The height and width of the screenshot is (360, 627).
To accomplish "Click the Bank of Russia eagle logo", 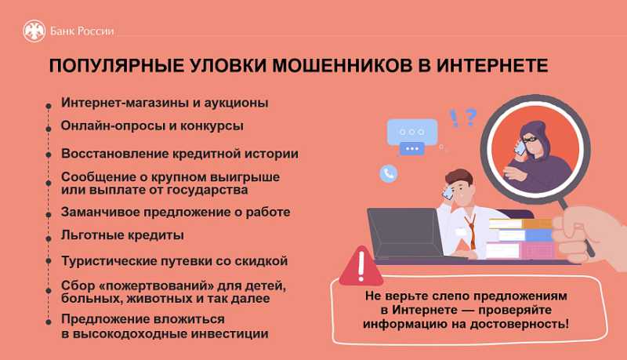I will [x=34, y=31].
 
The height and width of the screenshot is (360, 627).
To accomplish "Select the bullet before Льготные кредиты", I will [x=50, y=235].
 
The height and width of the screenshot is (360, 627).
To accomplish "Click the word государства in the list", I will [x=206, y=190].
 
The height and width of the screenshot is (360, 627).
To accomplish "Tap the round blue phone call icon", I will [x=389, y=173].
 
